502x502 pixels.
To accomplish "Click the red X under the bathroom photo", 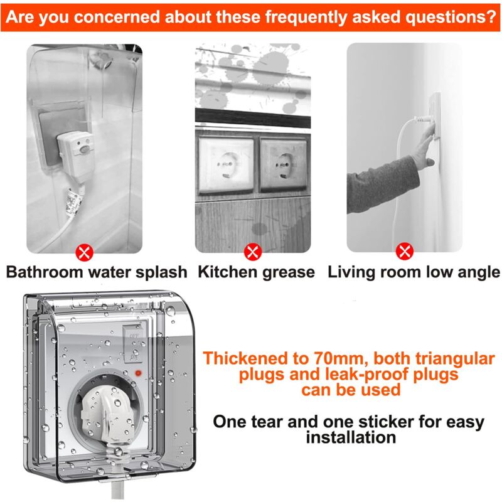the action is click(x=84, y=253).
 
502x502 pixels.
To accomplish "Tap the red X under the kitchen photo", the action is click(x=253, y=252).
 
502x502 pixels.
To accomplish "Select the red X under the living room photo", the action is click(x=405, y=252).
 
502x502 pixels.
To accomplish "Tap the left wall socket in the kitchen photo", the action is click(x=226, y=164).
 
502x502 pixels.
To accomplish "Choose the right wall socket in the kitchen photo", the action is click(x=284, y=164).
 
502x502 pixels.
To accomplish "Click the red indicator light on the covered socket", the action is click(x=138, y=373).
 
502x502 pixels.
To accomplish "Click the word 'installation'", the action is click(x=351, y=437).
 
